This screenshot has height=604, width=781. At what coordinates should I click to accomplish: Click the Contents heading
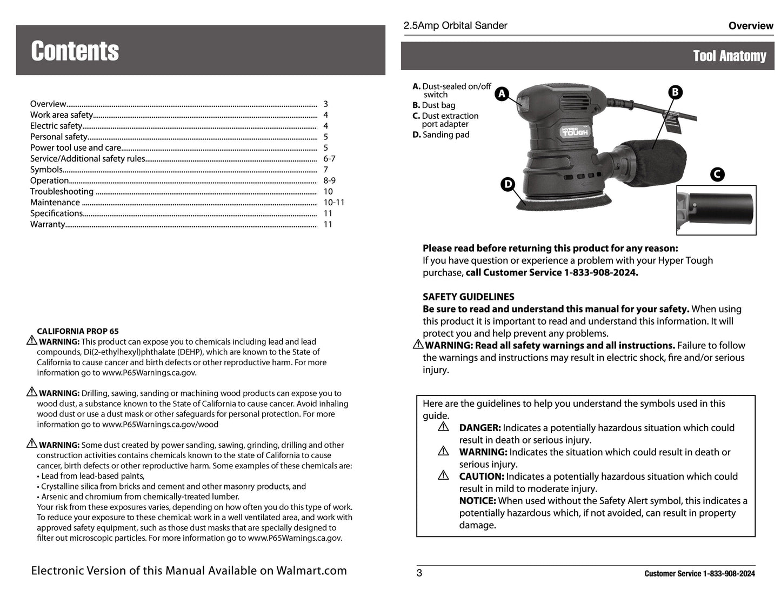(x=75, y=51)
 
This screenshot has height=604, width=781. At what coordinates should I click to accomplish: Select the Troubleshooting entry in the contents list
(x=62, y=192)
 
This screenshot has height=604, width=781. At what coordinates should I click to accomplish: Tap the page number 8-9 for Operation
(x=329, y=181)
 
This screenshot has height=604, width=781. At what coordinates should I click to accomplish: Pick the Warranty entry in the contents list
(x=48, y=224)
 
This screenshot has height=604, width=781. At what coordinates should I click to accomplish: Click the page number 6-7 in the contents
(x=329, y=159)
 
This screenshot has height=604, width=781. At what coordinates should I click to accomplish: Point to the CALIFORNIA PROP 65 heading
(x=78, y=331)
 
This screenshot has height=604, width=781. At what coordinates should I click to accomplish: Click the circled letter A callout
(x=502, y=94)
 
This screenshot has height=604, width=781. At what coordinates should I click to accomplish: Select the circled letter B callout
(x=675, y=92)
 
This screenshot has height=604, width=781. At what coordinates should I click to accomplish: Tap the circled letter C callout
(x=717, y=174)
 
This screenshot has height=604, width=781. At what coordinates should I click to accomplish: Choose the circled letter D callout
(x=508, y=184)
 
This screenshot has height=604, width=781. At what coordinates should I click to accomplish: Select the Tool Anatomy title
(x=729, y=56)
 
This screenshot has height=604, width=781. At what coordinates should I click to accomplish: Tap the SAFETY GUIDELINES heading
(x=468, y=297)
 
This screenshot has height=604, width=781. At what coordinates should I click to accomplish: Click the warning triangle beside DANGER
(x=444, y=427)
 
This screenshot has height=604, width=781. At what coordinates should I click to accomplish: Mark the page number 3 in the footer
(x=419, y=574)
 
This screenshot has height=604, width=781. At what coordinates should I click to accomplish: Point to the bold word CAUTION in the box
(x=481, y=477)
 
